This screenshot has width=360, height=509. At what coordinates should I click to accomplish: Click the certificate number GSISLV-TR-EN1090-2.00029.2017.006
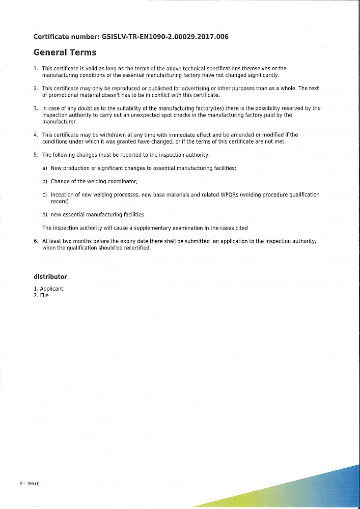(x=165, y=37)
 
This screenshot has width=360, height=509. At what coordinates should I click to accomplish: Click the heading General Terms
(x=65, y=52)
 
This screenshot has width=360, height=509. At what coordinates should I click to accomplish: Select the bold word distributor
(x=50, y=277)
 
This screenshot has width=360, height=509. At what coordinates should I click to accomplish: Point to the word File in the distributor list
(x=44, y=295)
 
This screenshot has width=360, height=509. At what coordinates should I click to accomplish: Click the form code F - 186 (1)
(x=30, y=484)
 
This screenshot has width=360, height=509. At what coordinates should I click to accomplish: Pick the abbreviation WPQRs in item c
(x=230, y=195)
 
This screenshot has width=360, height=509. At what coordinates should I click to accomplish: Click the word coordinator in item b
(x=121, y=181)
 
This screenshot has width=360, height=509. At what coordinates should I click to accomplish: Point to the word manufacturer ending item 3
(x=59, y=122)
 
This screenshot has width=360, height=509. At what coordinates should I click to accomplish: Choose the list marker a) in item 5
(x=45, y=168)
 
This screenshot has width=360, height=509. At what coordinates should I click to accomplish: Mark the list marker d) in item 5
(x=45, y=215)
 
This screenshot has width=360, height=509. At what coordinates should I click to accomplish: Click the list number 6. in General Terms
(x=36, y=241)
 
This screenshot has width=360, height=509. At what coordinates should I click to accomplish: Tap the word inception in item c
(x=62, y=195)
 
